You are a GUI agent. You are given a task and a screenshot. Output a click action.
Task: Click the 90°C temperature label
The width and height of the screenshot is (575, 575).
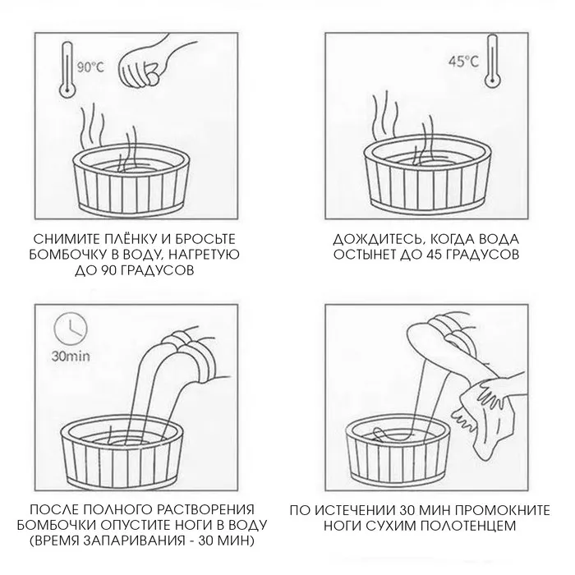click(90, 67)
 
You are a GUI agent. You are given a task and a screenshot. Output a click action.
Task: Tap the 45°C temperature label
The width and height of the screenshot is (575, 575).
click(464, 62)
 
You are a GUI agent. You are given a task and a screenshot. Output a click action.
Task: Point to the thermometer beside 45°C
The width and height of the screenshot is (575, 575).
click(492, 61)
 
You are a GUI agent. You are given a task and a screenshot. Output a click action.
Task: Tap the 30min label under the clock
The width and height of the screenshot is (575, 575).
click(71, 356)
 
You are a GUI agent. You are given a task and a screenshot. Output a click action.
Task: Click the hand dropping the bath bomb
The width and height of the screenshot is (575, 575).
click(143, 62)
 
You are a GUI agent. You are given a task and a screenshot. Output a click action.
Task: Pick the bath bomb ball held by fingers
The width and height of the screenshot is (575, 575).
click(153, 78)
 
